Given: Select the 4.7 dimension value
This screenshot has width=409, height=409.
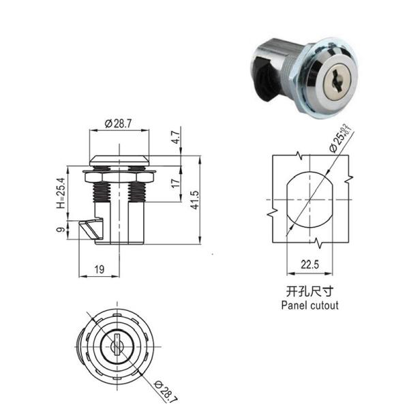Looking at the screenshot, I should pyautogui.click(x=175, y=137).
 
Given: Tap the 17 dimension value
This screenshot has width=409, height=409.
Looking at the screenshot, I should pyautogui.click(x=175, y=184).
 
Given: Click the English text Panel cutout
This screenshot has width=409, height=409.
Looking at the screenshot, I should pyautogui.click(x=309, y=306).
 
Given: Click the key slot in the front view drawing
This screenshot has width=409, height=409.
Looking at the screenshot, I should pyautogui.click(x=113, y=339).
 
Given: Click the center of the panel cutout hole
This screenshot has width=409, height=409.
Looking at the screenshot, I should pyautogui.click(x=309, y=199).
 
